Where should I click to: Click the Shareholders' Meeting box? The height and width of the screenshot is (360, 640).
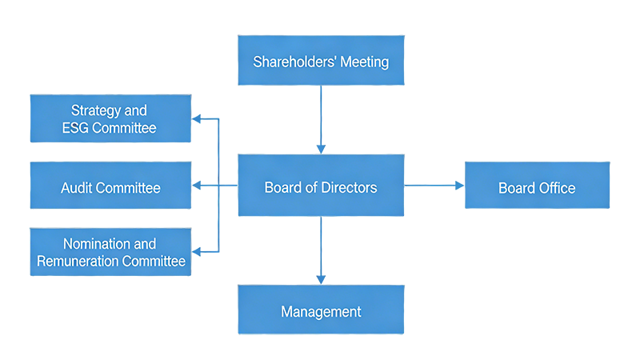[321, 62]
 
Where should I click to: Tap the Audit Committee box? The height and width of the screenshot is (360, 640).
[110, 188]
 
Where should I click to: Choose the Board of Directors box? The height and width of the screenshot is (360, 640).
[321, 188]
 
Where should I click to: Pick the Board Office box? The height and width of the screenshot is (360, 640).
[537, 188]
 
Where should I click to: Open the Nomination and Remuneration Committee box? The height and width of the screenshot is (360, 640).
[110, 252]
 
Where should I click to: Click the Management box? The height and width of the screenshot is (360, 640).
[321, 311]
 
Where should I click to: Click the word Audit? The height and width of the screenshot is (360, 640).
[78, 188]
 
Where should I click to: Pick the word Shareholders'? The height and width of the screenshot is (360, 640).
[291, 62]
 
